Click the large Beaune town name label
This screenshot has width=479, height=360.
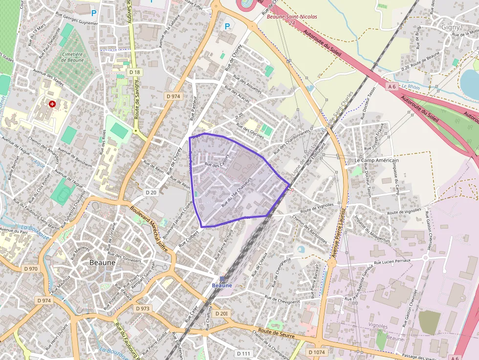[103, 262]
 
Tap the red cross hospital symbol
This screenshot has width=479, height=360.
[52, 104]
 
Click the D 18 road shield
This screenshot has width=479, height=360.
[135, 72]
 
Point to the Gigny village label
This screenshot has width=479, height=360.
[450, 27]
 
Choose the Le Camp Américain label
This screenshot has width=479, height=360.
[376, 160]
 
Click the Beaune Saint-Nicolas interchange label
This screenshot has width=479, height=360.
[291, 17]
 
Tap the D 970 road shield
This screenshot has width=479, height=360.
[30, 269]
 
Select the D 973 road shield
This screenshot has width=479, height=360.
[142, 308]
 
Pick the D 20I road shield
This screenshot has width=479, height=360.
[221, 313]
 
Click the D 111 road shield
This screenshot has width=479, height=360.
[243, 353]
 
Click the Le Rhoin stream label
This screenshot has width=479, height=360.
[411, 87]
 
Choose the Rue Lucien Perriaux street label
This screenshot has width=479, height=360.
[392, 262]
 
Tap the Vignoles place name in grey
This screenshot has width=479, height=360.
[378, 326]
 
